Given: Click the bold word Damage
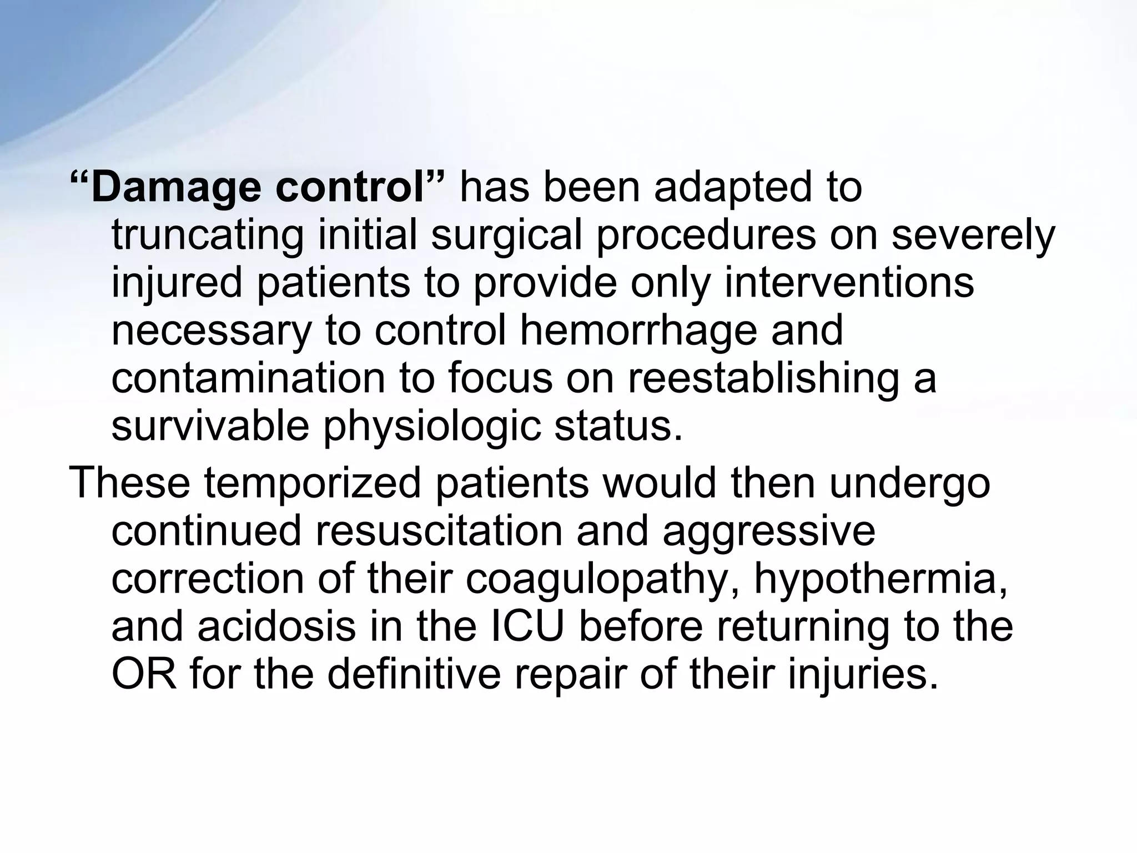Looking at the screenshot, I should [175, 188].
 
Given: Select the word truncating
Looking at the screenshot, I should [208, 235].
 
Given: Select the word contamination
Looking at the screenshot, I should [248, 378].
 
